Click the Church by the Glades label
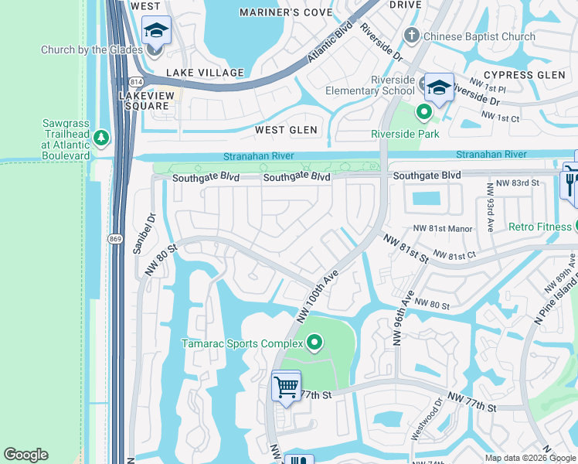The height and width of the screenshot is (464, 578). tap(92, 50)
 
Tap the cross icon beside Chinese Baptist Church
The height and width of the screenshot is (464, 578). tap(412, 36)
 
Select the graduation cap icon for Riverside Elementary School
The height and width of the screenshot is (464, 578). tap(439, 87)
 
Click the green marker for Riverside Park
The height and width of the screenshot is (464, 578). tap(423, 113)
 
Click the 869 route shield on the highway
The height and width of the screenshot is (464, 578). tap(114, 238)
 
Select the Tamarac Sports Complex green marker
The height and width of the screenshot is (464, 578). tap(314, 342)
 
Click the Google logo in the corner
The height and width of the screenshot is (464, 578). tap(25, 455)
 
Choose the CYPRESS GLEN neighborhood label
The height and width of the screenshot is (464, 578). tap(520, 74)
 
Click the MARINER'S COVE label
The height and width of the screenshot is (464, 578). tap(285, 12)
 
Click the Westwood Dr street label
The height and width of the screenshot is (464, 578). tap(426, 418)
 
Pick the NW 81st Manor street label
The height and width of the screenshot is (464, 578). tap(443, 228)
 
